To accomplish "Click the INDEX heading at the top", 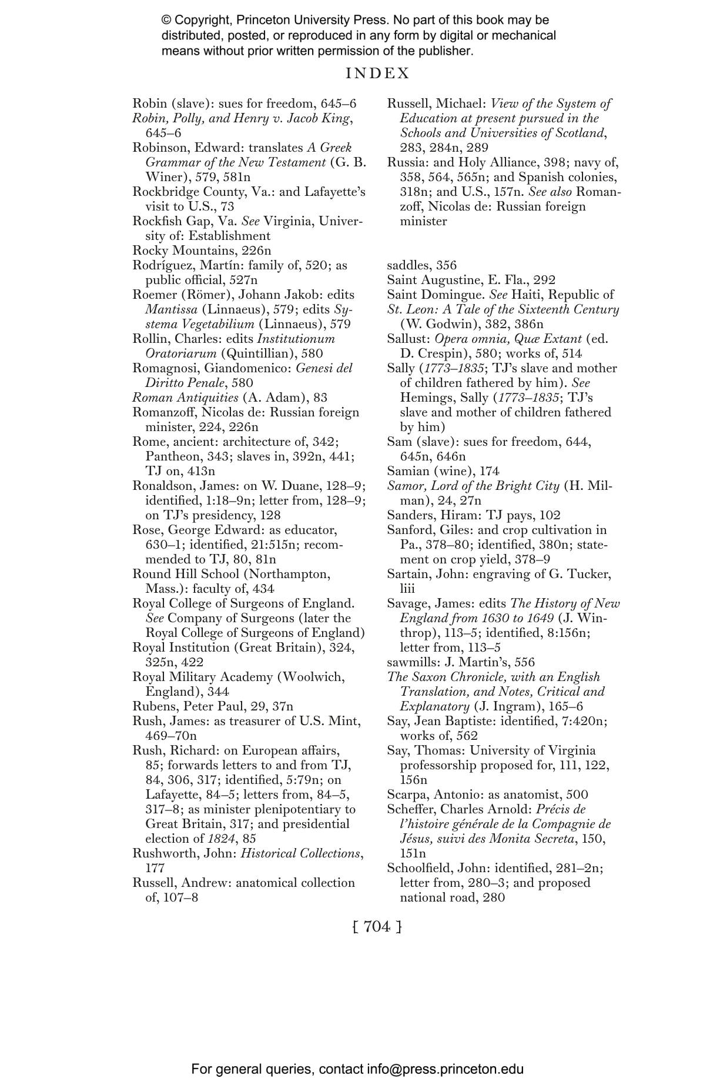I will tap(377, 74).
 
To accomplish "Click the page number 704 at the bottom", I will tap(377, 927).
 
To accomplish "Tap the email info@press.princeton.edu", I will tap(445, 1069).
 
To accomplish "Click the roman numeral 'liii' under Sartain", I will tap(407, 589).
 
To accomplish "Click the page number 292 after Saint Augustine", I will tap(544, 280).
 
